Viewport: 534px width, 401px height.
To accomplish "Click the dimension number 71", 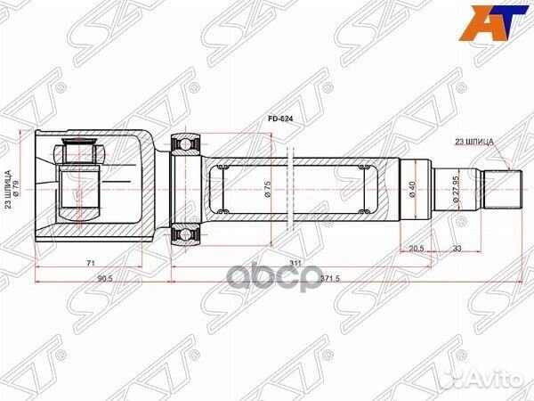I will pos(93,264).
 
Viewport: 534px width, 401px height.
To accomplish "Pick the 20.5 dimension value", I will pos(417,249).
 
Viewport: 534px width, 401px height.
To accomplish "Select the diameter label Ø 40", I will pos(411,189).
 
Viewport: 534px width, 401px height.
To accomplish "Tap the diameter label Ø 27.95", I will pos(456,188).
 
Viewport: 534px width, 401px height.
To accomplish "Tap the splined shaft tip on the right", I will pos(504,188).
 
